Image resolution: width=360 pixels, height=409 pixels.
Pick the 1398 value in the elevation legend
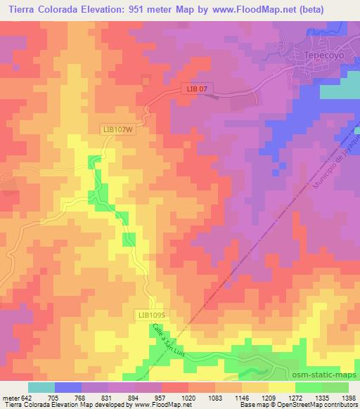[348, 397]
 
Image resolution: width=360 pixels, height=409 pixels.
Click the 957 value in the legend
[162, 397]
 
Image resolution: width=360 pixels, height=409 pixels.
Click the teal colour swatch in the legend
[41, 387]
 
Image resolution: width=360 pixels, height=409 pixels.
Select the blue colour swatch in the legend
[68, 387]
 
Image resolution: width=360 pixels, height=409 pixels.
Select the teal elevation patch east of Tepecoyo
[340, 91]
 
